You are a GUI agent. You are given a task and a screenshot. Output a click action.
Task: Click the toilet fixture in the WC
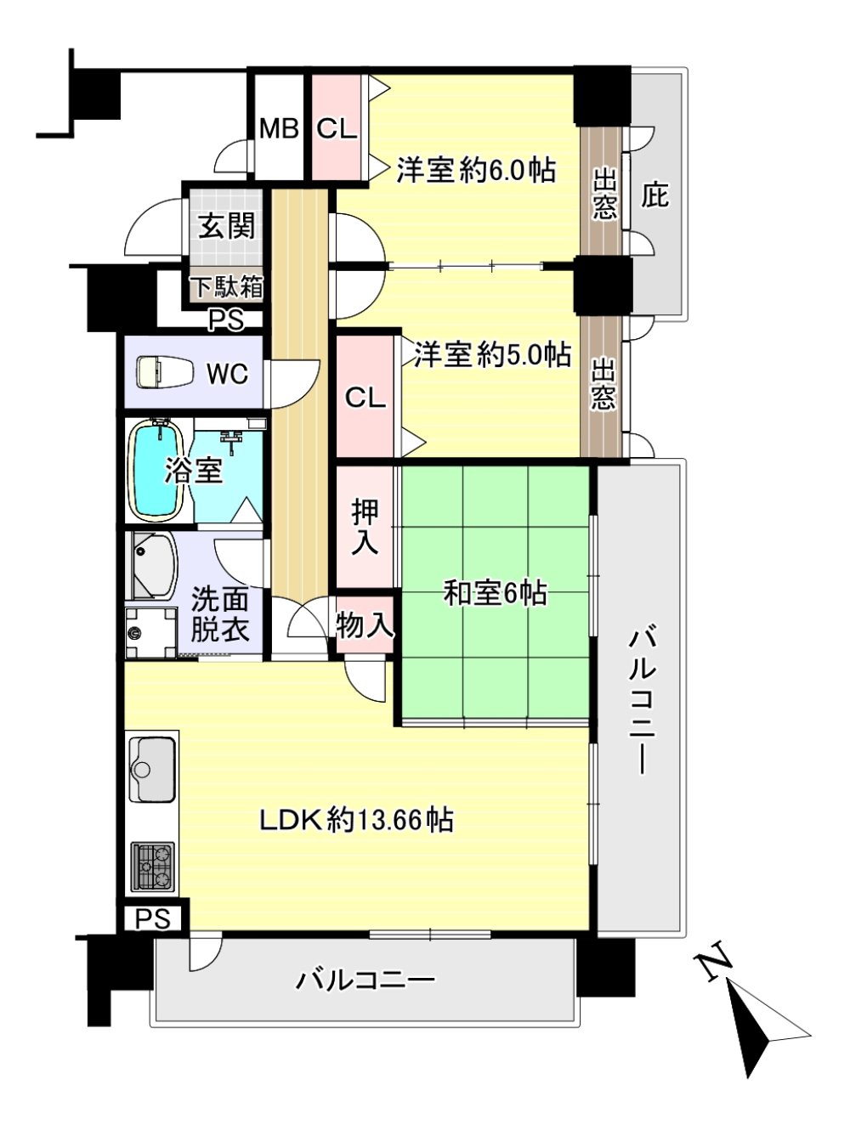[165, 373]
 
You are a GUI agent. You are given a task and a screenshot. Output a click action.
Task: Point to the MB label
[279, 129]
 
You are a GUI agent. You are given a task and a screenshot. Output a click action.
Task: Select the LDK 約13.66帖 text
[356, 821]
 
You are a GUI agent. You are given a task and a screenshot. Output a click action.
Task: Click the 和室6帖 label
[496, 593]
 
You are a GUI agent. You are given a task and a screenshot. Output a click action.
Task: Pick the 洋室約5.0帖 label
[493, 354]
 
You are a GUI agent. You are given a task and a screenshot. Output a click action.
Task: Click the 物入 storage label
[365, 625]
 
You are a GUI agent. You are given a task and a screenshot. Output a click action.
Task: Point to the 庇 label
[654, 195]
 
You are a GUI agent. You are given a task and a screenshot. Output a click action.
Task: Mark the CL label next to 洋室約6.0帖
[337, 129]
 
